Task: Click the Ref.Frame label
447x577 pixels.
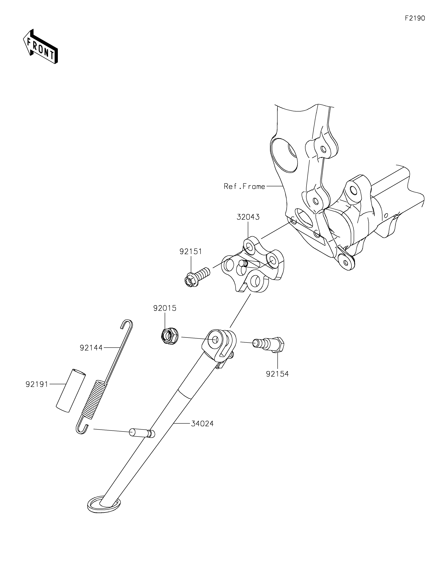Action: pyautogui.click(x=244, y=186)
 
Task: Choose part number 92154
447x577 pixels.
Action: pyautogui.click(x=277, y=374)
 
